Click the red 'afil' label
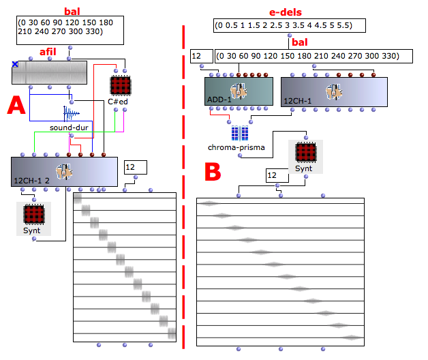(x=48, y=52)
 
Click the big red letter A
(x=16, y=105)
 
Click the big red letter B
(x=213, y=172)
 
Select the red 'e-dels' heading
(x=286, y=12)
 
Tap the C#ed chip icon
(x=121, y=86)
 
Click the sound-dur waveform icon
(x=71, y=114)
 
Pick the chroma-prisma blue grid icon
(x=240, y=133)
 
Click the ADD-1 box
(x=239, y=91)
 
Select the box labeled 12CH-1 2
(x=65, y=172)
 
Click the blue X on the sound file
(x=15, y=64)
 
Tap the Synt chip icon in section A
(x=34, y=214)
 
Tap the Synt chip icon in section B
(x=306, y=153)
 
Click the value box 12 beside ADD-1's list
(x=202, y=57)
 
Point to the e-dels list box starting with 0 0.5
(x=290, y=26)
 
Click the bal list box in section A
(x=70, y=30)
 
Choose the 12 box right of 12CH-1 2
(x=136, y=167)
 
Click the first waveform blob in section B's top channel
(x=209, y=203)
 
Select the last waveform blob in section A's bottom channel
(x=172, y=333)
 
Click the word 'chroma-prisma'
(x=236, y=147)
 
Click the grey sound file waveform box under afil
(x=49, y=73)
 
